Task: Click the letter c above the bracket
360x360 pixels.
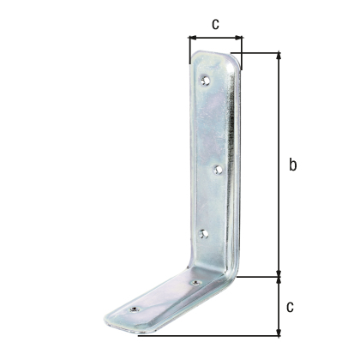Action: coord(215,24)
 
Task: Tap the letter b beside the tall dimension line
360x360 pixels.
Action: coord(292,165)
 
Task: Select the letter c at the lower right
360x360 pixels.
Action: coord(290,307)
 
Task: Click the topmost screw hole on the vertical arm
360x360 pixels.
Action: coord(205,81)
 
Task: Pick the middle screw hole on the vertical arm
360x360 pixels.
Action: coord(219,171)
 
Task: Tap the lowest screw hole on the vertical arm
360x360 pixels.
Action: coord(204,234)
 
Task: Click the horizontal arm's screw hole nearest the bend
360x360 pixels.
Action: coord(195,283)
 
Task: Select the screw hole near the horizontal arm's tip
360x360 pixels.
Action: coord(134,309)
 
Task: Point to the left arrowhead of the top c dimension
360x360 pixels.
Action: coord(192,38)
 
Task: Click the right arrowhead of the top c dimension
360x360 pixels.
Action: coord(238,37)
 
